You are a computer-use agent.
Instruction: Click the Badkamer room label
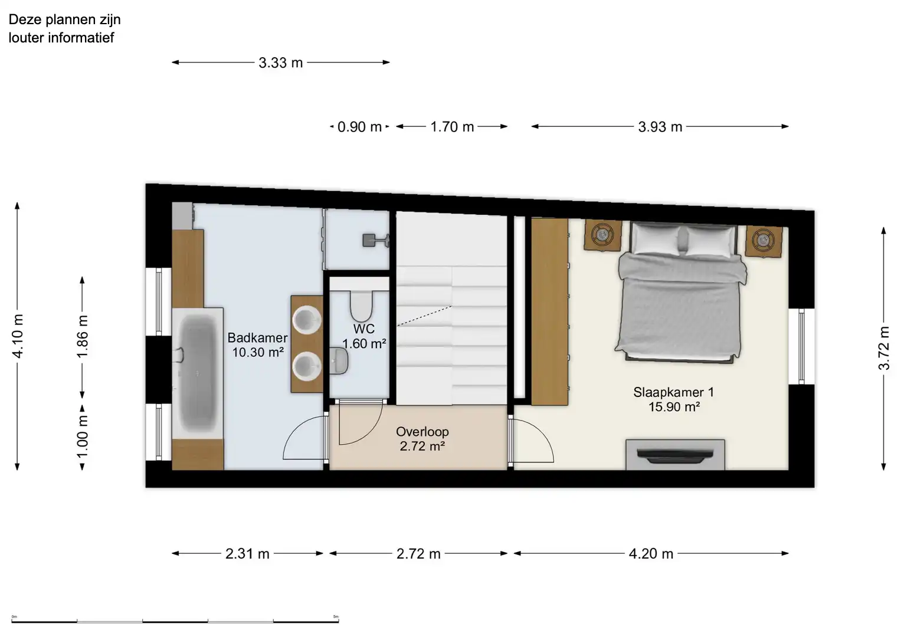[x=257, y=338]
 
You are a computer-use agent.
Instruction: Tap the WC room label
[x=364, y=329]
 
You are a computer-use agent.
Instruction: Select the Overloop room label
[x=422, y=432]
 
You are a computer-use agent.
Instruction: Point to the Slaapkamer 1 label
[x=673, y=392]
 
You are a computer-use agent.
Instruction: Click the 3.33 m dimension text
[x=280, y=63]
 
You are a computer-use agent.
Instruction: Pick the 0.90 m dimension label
[x=359, y=127]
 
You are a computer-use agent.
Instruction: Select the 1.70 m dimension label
[x=452, y=127]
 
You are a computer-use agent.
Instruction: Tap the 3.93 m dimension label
[x=660, y=127]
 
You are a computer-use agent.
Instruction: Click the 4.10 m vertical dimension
[x=18, y=336]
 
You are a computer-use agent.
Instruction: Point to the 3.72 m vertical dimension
[x=883, y=348]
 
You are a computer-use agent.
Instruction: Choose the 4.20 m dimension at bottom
[x=651, y=554]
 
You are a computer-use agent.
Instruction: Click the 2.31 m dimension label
[x=247, y=554]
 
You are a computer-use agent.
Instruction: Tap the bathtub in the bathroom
[x=197, y=373]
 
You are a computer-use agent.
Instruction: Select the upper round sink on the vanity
[x=307, y=319]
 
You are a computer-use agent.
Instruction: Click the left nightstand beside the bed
[x=603, y=235]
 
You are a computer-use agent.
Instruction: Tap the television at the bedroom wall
[x=675, y=455]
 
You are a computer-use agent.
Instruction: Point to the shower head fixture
[x=371, y=239]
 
